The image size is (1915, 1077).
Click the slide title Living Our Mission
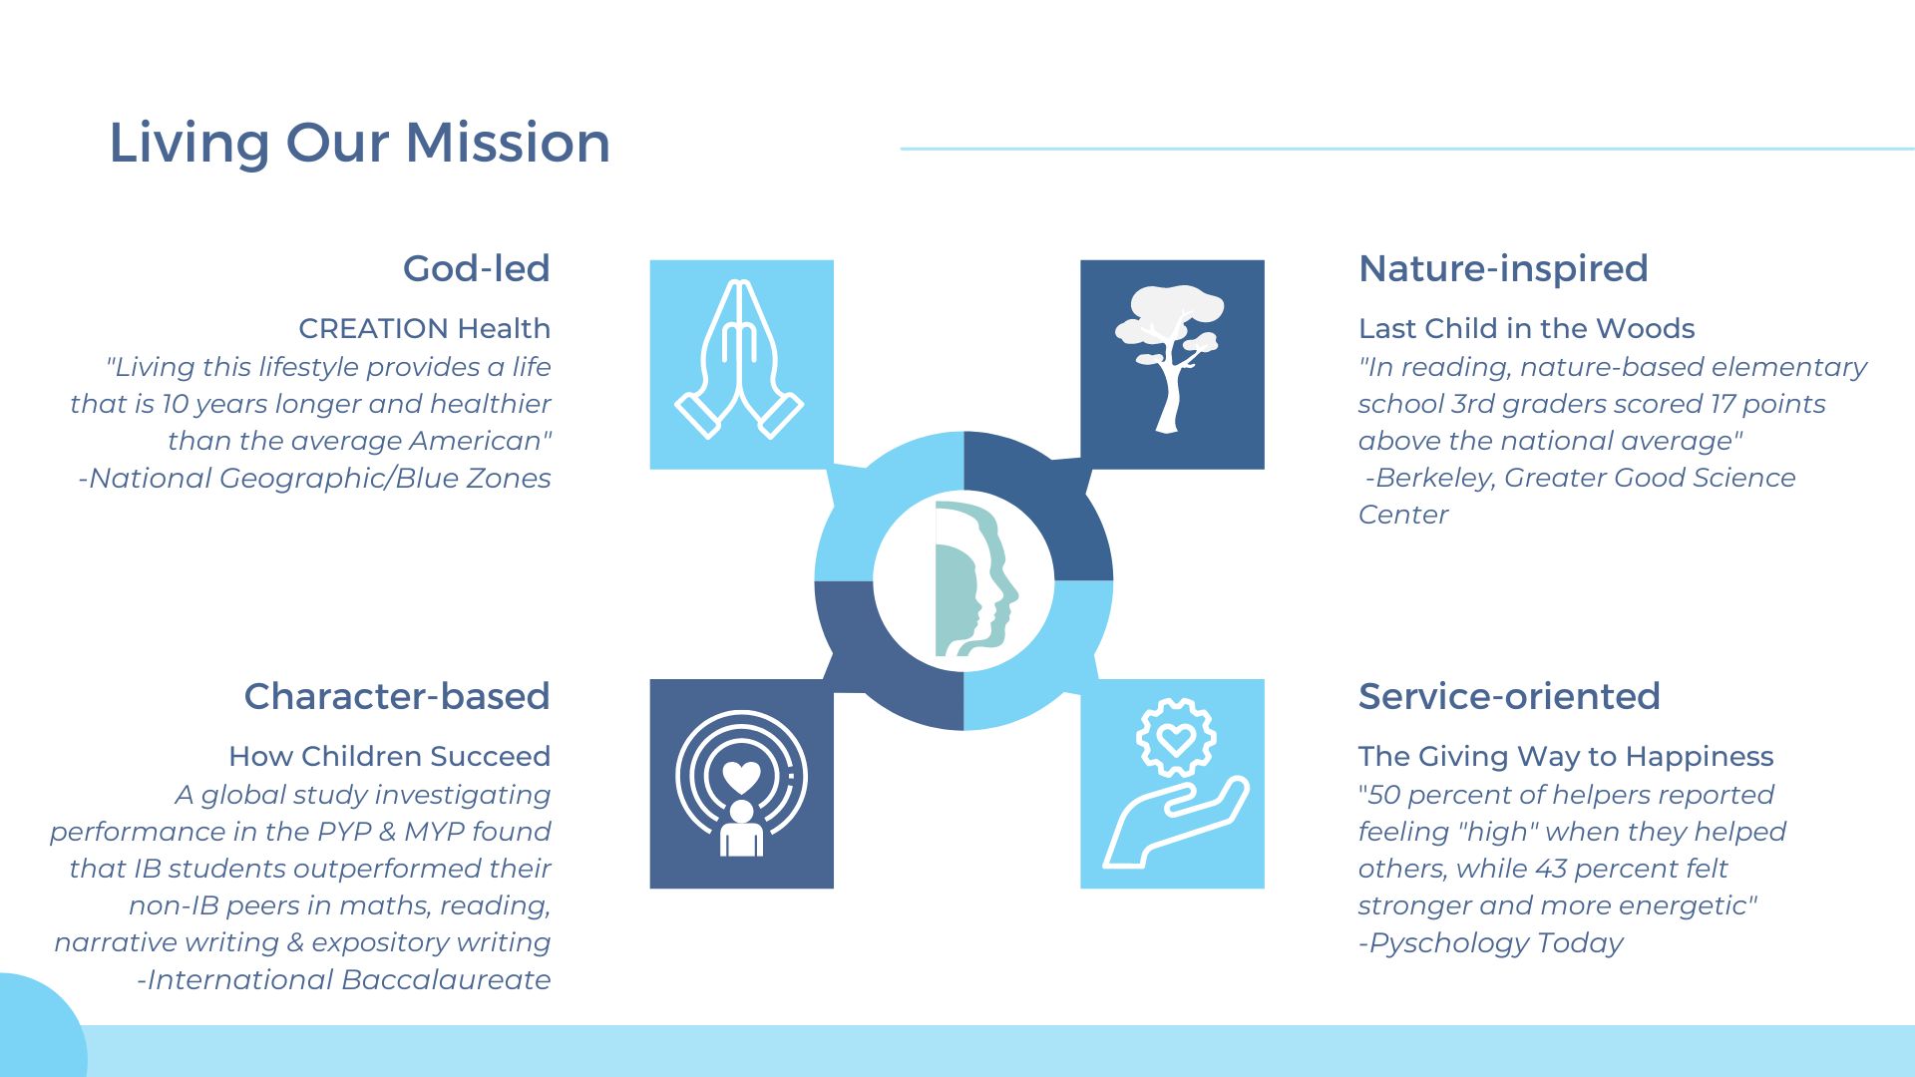[359, 144]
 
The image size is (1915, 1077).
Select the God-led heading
[477, 268]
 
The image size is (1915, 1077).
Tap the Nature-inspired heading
[1503, 269]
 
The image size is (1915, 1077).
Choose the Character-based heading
[397, 696]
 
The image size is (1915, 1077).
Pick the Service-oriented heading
[1509, 696]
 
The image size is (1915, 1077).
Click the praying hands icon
[740, 359]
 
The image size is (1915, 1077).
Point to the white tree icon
[1170, 358]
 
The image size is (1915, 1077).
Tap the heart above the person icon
[741, 776]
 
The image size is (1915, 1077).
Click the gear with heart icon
[1177, 738]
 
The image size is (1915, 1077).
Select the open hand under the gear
[1175, 823]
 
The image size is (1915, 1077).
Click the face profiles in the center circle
[976, 579]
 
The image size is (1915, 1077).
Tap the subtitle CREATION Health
[425, 328]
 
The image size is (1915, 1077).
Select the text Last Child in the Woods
[1526, 328]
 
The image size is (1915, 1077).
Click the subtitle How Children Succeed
[390, 756]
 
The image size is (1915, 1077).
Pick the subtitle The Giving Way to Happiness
[1566, 757]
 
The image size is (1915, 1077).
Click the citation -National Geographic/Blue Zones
[314, 479]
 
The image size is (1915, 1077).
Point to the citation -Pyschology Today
[1491, 943]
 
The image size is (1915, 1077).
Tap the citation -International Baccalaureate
[344, 979]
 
